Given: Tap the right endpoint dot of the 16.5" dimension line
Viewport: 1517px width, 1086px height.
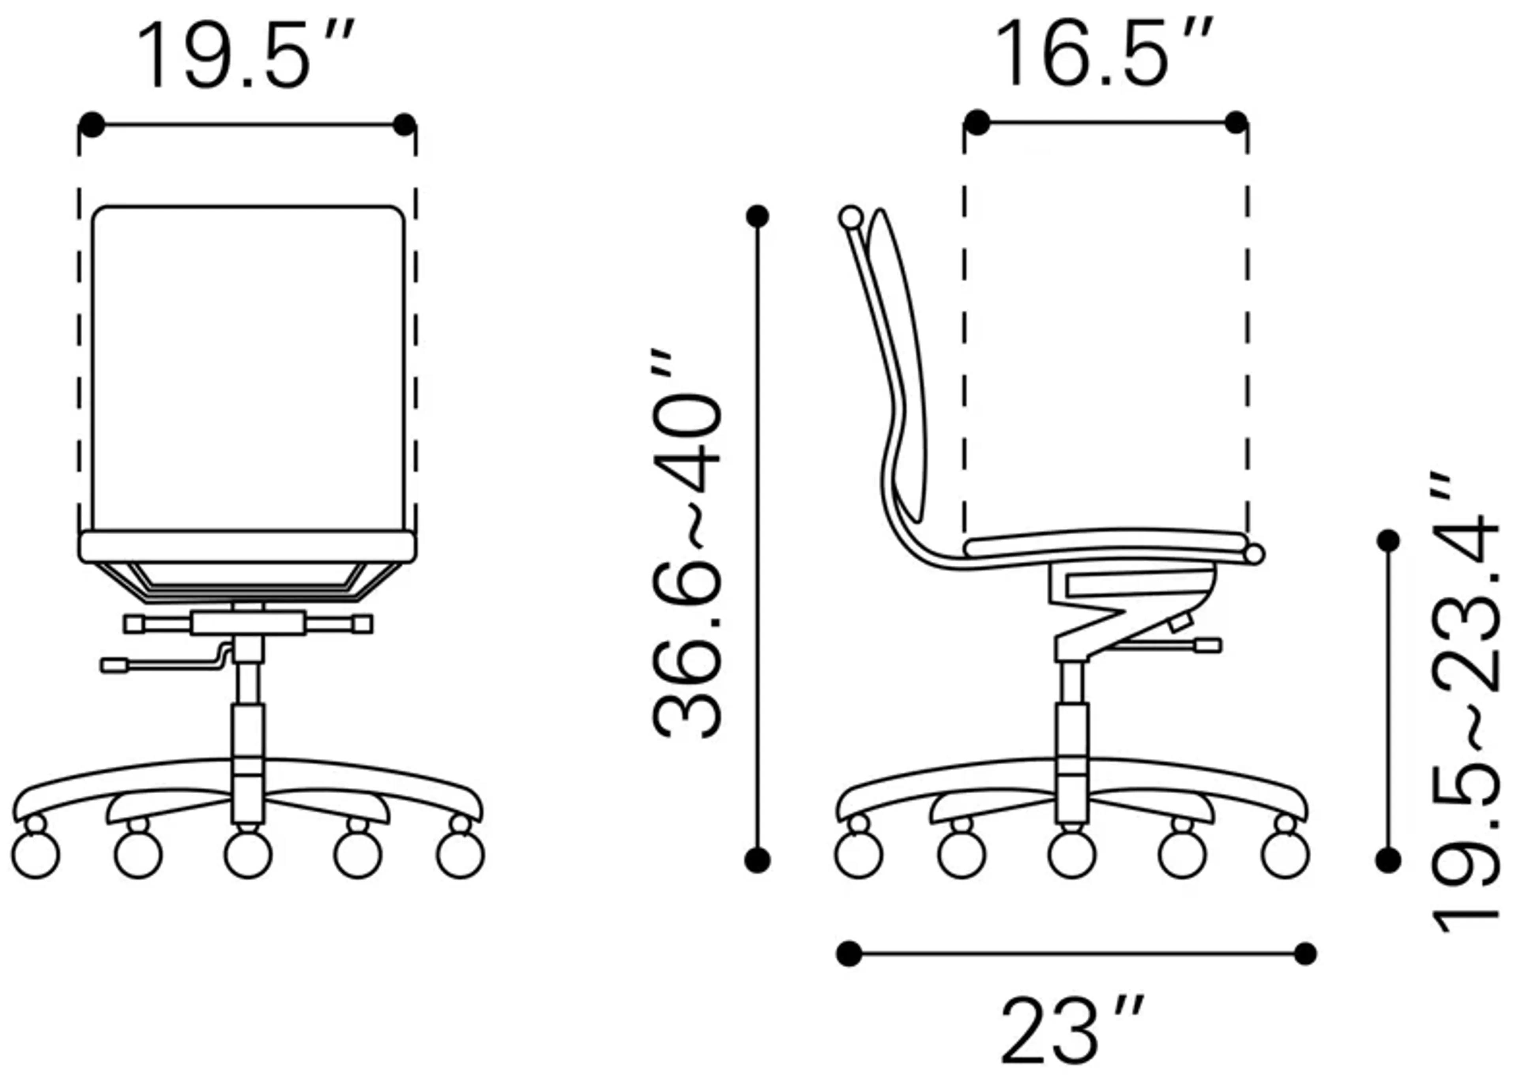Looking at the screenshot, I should [x=1236, y=123].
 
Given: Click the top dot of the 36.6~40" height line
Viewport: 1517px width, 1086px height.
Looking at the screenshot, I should [x=757, y=216].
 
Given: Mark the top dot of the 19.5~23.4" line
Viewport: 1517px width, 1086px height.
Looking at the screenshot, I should [x=1389, y=540].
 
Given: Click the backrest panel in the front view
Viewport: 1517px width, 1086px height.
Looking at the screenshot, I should [x=248, y=368].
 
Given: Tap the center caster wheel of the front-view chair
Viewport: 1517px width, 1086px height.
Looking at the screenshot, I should [x=248, y=854].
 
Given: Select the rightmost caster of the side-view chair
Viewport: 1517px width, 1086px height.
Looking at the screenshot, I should [x=1284, y=854].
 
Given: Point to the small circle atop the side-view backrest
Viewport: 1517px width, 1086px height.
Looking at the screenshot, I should [x=851, y=217].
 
